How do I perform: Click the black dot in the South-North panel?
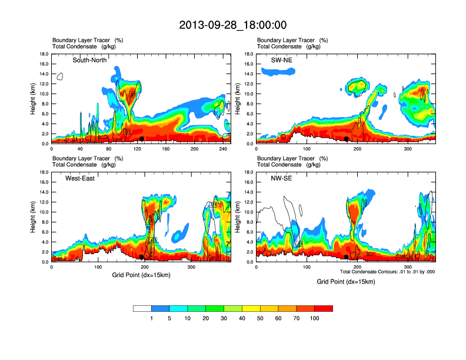point(142,139)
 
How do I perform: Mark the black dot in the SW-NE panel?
point(347,139)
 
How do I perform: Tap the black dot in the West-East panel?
point(142,257)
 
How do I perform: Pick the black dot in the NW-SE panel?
point(347,257)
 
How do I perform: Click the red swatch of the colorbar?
point(324,308)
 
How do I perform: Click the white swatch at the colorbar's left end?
point(142,308)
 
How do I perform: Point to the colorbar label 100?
point(315,318)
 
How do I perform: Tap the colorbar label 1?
point(152,318)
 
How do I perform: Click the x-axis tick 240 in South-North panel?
point(223,148)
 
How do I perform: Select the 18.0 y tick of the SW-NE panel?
point(249,54)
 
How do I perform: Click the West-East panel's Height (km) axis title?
point(34,217)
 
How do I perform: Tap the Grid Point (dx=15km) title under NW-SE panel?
point(345,282)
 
